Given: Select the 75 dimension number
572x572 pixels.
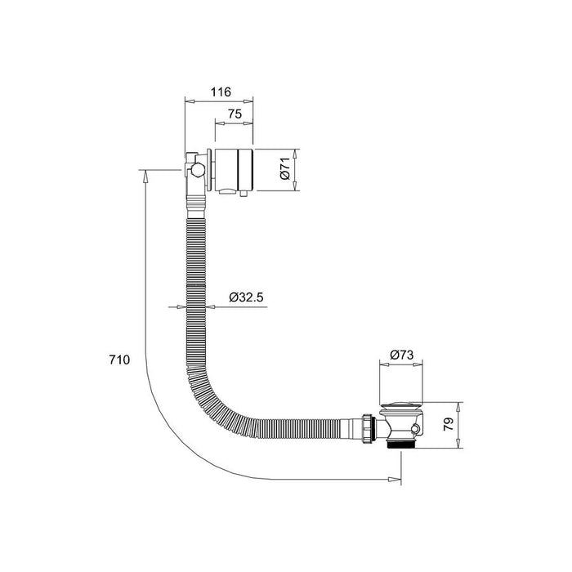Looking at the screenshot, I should pos(234,116).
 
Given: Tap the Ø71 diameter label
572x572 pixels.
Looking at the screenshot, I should pos(285,171).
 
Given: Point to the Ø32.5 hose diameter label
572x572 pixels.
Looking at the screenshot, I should pos(246,297).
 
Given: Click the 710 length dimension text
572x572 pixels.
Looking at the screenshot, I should pos(119,360).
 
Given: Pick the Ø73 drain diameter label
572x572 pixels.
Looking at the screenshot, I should pos(400,355).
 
